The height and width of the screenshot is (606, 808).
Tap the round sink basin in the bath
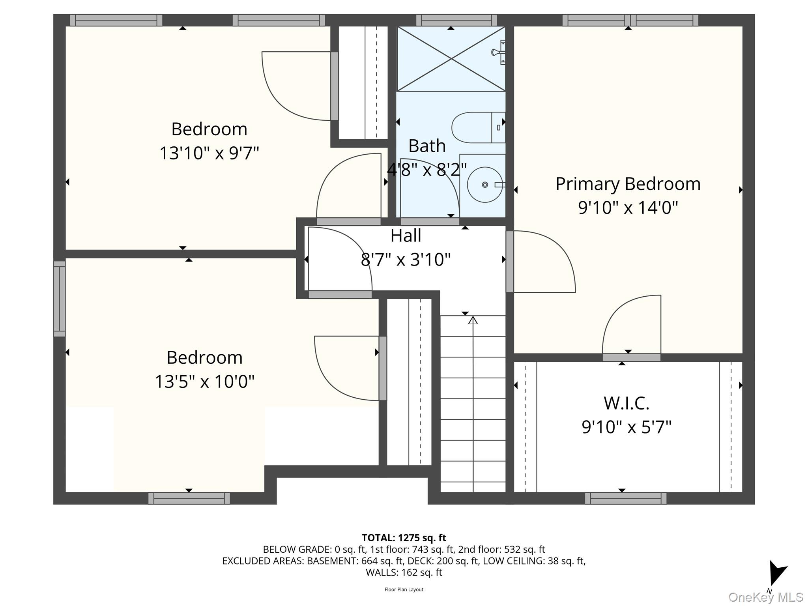(484, 185)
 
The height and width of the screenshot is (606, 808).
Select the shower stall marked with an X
(451, 59)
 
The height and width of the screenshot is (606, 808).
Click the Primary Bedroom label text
(628, 184)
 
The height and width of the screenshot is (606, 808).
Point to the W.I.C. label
(626, 403)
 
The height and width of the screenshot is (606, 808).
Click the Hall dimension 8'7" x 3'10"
(406, 260)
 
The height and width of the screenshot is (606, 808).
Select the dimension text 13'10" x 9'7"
(209, 153)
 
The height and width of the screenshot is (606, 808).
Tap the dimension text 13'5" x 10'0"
(204, 382)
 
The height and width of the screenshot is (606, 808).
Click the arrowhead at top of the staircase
(473, 320)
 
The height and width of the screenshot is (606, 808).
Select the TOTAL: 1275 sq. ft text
(404, 538)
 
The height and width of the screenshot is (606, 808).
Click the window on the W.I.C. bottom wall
(625, 498)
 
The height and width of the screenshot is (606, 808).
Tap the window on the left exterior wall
(60, 299)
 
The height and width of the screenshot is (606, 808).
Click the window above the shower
(456, 20)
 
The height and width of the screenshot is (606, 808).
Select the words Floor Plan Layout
(404, 589)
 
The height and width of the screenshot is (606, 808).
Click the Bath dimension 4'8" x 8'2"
(427, 170)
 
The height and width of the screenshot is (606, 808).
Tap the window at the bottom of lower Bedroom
(189, 498)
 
